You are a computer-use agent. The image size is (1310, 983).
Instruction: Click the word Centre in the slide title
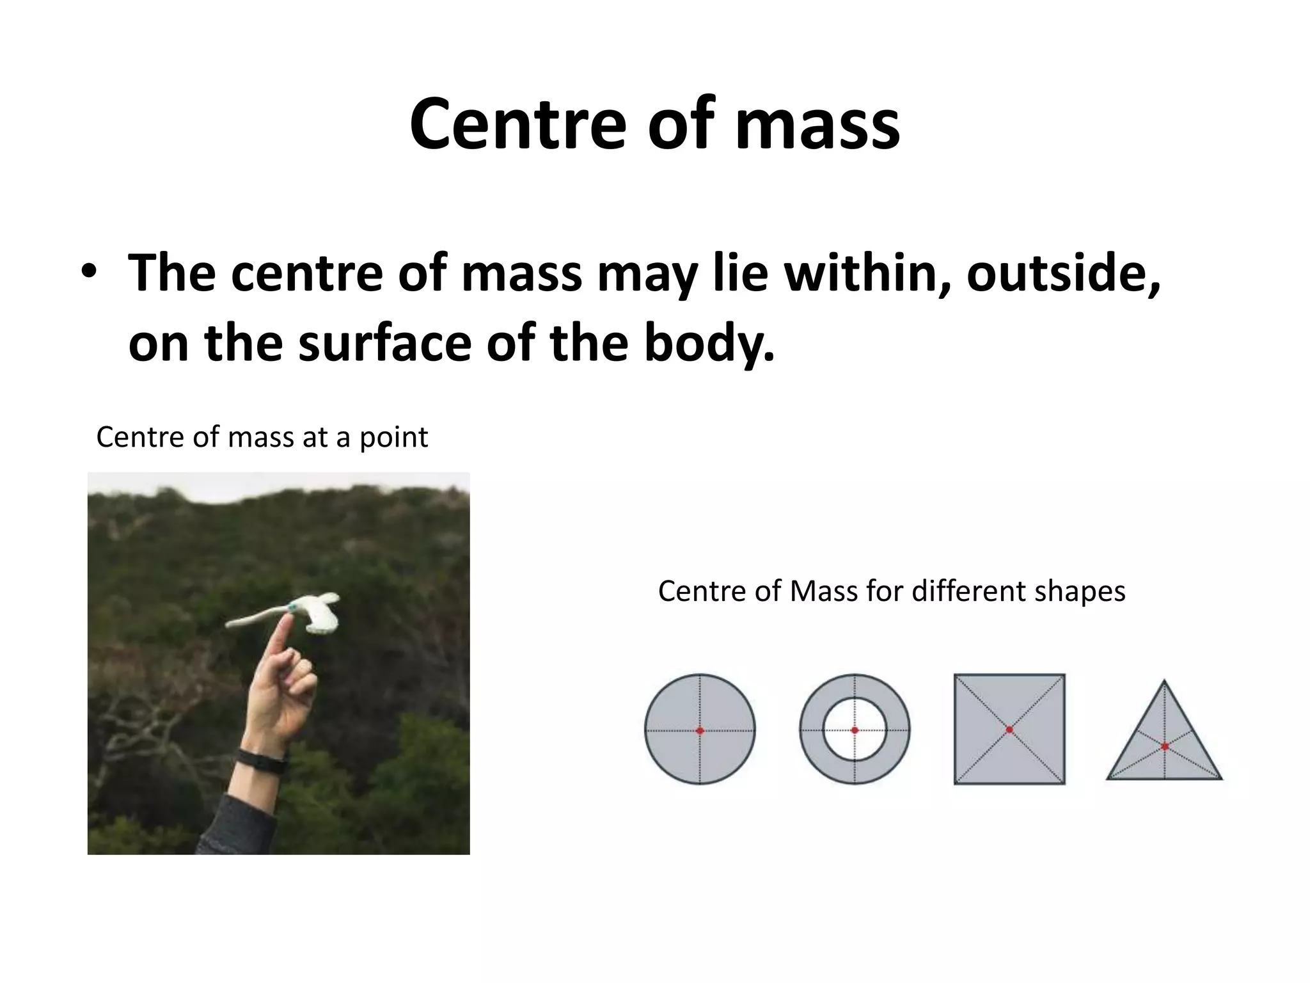pos(517,123)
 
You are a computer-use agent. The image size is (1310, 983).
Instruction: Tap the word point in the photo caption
pos(393,438)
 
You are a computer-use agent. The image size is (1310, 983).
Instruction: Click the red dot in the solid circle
pos(700,730)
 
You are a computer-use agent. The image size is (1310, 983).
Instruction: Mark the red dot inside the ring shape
pos(855,730)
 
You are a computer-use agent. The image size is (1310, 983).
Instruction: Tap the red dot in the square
pos(1009,730)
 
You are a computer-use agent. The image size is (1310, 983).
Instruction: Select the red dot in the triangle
pos(1165,746)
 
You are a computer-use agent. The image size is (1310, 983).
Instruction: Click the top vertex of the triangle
pos(1164,681)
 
